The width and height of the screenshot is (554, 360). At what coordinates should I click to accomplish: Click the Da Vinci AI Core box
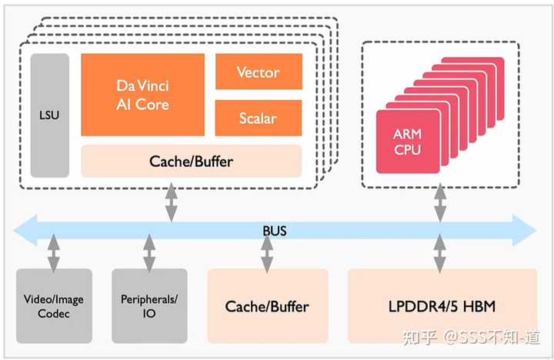click(142, 94)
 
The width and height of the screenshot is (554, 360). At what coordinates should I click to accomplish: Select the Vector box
click(258, 72)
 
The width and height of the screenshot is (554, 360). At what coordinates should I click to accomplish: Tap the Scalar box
click(258, 118)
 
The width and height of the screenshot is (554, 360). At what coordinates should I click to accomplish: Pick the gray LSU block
click(49, 115)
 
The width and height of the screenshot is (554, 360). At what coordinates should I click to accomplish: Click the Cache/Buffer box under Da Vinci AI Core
click(191, 162)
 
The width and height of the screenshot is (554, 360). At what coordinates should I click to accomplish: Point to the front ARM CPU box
click(408, 142)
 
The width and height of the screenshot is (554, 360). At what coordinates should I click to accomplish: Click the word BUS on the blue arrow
click(274, 230)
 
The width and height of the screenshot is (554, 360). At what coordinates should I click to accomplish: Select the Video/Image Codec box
click(54, 305)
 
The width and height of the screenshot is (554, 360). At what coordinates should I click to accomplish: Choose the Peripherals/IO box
click(149, 305)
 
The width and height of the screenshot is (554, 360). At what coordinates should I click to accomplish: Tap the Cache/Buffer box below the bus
click(267, 305)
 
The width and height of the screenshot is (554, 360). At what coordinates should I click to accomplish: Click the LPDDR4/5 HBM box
click(442, 305)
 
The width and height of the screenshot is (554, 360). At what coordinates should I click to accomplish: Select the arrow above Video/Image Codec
click(53, 252)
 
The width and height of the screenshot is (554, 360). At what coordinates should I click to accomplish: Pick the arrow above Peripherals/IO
click(149, 252)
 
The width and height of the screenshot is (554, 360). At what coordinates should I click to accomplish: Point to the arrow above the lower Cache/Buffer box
click(267, 252)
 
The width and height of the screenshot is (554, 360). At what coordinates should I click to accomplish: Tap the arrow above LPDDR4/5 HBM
click(439, 252)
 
